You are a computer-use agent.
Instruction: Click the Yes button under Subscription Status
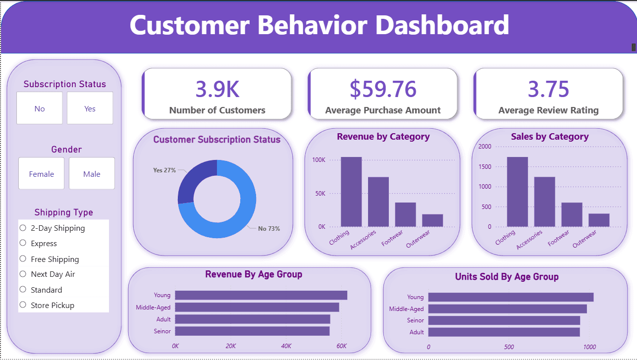(x=90, y=108)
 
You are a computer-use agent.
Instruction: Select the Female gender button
(x=42, y=173)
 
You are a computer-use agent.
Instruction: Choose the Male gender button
(x=92, y=173)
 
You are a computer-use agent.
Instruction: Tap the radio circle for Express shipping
(x=23, y=243)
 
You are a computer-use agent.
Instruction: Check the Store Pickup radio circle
(x=23, y=305)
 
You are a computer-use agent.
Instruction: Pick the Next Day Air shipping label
(x=53, y=274)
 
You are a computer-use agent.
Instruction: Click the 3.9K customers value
(x=217, y=89)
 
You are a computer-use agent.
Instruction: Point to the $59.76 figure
(x=383, y=89)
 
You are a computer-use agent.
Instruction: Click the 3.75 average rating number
(x=548, y=89)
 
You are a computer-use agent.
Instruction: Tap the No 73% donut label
(x=269, y=229)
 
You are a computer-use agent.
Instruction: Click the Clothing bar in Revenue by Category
(x=351, y=192)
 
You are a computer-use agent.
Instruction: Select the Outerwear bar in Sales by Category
(x=599, y=220)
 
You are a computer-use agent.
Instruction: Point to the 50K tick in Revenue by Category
(x=320, y=194)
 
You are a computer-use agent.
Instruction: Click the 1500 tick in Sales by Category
(x=485, y=167)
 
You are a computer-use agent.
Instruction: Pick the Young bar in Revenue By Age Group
(x=261, y=295)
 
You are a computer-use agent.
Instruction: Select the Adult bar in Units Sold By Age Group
(x=504, y=332)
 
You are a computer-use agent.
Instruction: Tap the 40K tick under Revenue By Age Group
(x=286, y=346)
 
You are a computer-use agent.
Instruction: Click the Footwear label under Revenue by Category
(x=392, y=238)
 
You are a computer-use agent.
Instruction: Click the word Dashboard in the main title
(x=442, y=25)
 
